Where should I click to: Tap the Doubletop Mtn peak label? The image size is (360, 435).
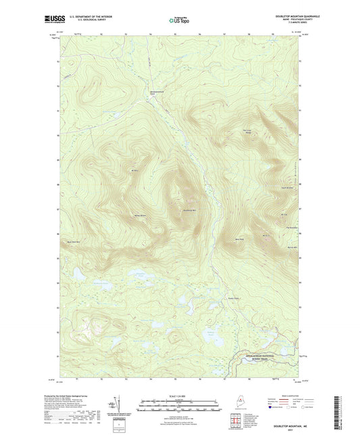coord(190,210)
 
